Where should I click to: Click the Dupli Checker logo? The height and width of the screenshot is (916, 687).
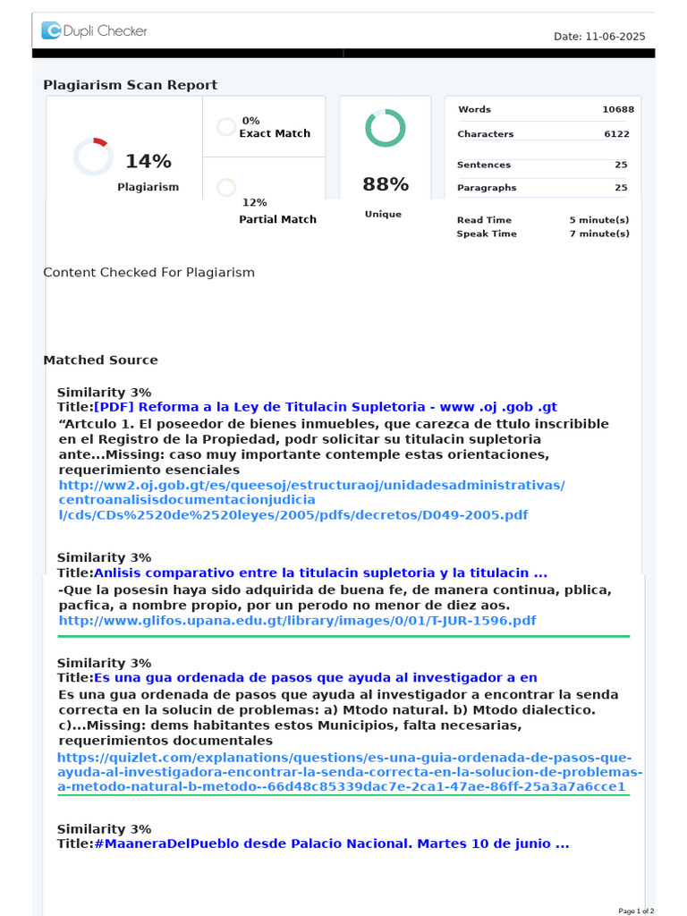coord(94,31)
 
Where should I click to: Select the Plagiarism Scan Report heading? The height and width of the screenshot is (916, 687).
coord(131,85)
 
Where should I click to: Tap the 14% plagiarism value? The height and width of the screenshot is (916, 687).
coord(148,161)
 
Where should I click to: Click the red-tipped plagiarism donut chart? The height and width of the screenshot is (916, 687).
coord(93,157)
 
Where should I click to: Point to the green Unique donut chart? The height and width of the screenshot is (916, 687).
coord(386,128)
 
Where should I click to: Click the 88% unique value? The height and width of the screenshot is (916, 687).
coord(386,184)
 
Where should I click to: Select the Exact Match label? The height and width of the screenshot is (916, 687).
coord(275,133)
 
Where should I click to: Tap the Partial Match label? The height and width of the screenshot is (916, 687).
coord(277,219)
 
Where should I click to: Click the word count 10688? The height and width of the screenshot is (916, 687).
coord(618,109)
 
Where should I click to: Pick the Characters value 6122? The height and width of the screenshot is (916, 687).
coord(616,134)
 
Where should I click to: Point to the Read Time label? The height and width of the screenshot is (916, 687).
coord(484,220)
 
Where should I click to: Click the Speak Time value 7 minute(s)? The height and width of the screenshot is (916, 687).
coord(599,233)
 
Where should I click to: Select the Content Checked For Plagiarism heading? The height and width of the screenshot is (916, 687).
coord(149,272)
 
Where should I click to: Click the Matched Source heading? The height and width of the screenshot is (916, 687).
coord(100,360)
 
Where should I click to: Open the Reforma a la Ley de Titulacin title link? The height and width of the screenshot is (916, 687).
coord(325,407)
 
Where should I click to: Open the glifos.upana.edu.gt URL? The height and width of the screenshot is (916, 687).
coord(297,620)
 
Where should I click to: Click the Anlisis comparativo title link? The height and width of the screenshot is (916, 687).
coord(320,572)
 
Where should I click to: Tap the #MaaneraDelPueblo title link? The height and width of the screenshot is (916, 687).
coord(331,844)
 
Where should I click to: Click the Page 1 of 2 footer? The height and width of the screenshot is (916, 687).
coord(636,911)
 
